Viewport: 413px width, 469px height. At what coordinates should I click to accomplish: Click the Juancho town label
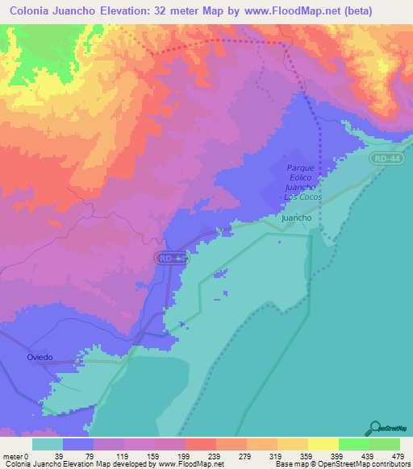click(296, 218)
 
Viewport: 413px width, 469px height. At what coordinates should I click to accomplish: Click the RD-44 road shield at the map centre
click(171, 258)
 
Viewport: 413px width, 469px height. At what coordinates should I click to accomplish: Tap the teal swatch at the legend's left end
click(48, 444)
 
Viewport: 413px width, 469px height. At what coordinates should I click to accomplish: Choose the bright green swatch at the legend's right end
click(383, 444)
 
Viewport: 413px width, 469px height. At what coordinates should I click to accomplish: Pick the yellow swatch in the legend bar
click(323, 444)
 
